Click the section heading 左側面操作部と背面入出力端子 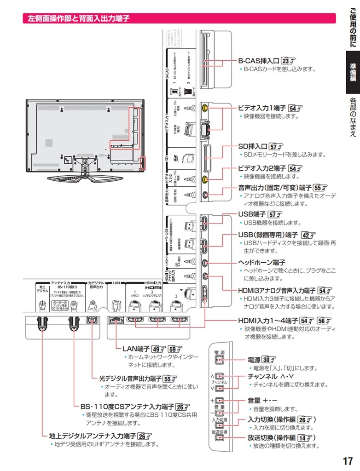click(77, 19)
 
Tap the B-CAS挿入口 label click(259, 61)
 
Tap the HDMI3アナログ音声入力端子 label click(276, 290)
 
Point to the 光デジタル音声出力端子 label click(130, 379)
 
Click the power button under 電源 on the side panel click(220, 362)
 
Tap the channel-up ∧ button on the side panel click(220, 376)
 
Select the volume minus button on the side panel click(220, 412)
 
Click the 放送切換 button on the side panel click(220, 437)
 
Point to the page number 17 click(348, 461)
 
